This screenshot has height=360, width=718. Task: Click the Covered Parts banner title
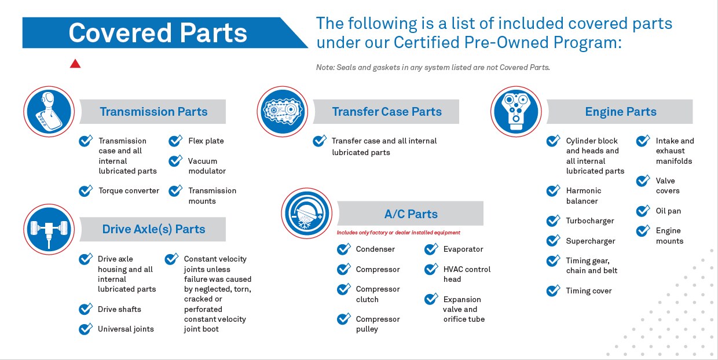coord(157,33)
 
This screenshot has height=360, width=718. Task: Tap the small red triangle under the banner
coord(75,64)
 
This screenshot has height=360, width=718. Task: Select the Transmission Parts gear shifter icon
coord(49,112)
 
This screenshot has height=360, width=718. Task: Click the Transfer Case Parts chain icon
coord(283,112)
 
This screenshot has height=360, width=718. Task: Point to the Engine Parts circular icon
coord(516,112)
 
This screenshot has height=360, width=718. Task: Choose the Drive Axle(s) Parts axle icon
coord(49,229)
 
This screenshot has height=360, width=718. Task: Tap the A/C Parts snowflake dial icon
coord(306,214)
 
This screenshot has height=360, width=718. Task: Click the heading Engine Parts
coord(621,112)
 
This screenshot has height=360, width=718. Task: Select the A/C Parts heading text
coord(411,214)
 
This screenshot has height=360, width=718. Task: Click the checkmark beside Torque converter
coord(86,190)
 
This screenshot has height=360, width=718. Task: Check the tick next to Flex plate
coord(175,141)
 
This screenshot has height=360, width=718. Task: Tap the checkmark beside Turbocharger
coord(553,221)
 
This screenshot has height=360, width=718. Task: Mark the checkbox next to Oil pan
coord(643,211)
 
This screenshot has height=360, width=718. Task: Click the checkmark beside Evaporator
coord(431,249)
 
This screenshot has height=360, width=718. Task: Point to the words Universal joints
coord(126,329)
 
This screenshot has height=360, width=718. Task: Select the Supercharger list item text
coord(591,241)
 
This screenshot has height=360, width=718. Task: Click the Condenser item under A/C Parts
coord(375,249)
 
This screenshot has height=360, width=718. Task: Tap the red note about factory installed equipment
coord(398,233)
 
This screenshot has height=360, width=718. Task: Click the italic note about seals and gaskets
coord(433,67)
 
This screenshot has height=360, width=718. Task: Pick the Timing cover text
coord(589,291)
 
